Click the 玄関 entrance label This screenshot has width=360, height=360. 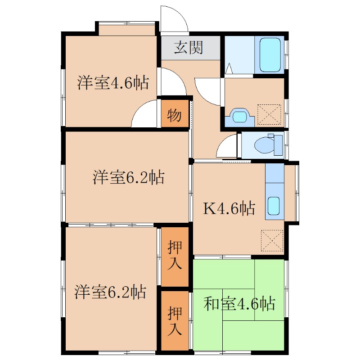click(x=188, y=48)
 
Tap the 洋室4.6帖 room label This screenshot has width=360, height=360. click(x=113, y=82)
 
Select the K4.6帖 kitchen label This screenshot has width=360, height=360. click(x=229, y=208)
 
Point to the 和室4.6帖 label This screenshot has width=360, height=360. click(x=239, y=303)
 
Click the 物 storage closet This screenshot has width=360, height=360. click(x=175, y=113)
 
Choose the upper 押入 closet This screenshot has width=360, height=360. click(x=175, y=256)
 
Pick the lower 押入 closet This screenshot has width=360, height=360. click(x=175, y=321)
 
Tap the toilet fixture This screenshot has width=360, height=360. click(x=268, y=145)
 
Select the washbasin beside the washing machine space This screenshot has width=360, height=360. click(x=240, y=117)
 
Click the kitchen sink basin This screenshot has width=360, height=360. click(x=274, y=206)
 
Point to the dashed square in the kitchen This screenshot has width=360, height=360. click(x=272, y=240)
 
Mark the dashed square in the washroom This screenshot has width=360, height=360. click(x=269, y=114)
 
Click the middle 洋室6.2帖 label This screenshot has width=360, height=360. click(x=129, y=177)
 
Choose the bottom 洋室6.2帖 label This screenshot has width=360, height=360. click(x=110, y=292)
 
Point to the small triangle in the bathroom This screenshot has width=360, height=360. click(x=229, y=68)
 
